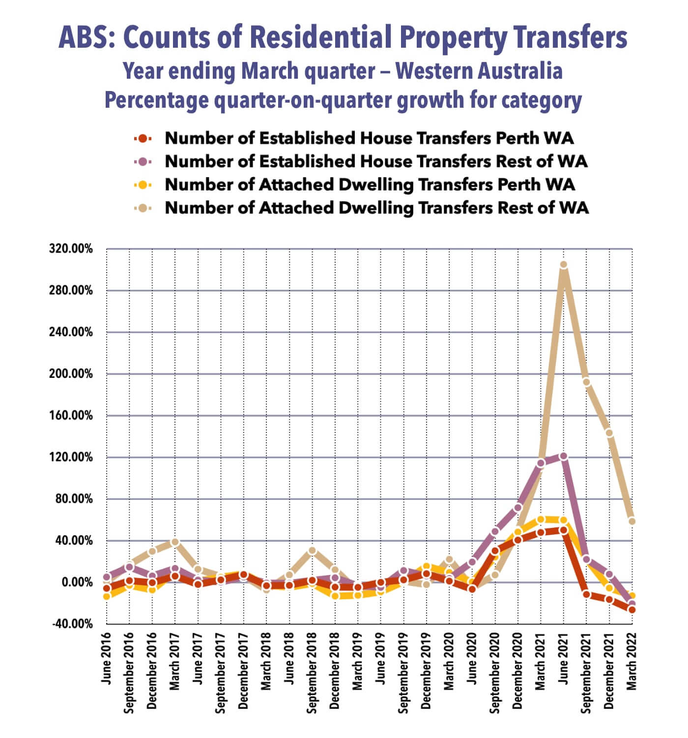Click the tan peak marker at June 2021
[x=564, y=265]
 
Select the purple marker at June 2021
[x=564, y=457]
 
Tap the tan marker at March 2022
[x=632, y=522]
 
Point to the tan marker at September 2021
[x=586, y=382]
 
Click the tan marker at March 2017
[x=175, y=542]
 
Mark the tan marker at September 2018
[x=312, y=551]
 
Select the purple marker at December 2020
[x=518, y=508]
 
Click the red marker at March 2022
[x=632, y=610]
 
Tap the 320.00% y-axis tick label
[x=71, y=248]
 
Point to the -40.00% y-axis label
[x=71, y=624]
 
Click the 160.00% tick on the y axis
[x=71, y=415]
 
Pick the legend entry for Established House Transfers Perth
[x=369, y=138]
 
